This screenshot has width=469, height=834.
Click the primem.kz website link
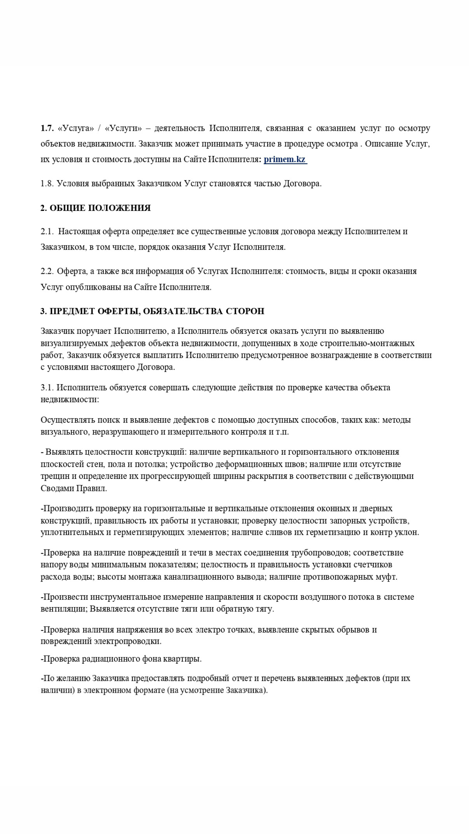(x=285, y=159)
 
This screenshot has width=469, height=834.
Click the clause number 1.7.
(x=47, y=128)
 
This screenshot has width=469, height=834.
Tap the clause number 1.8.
(x=47, y=184)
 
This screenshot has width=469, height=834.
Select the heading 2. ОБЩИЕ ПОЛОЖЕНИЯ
(x=95, y=208)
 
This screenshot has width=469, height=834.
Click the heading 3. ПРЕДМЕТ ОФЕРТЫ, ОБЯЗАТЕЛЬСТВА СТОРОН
(x=152, y=311)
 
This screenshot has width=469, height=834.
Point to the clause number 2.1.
(x=47, y=231)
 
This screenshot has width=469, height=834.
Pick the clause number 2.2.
(x=47, y=271)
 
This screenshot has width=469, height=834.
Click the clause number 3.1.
(x=47, y=387)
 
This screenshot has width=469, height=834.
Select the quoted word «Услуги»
(x=123, y=128)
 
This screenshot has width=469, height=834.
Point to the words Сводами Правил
(x=73, y=488)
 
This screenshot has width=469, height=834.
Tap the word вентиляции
(x=63, y=609)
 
